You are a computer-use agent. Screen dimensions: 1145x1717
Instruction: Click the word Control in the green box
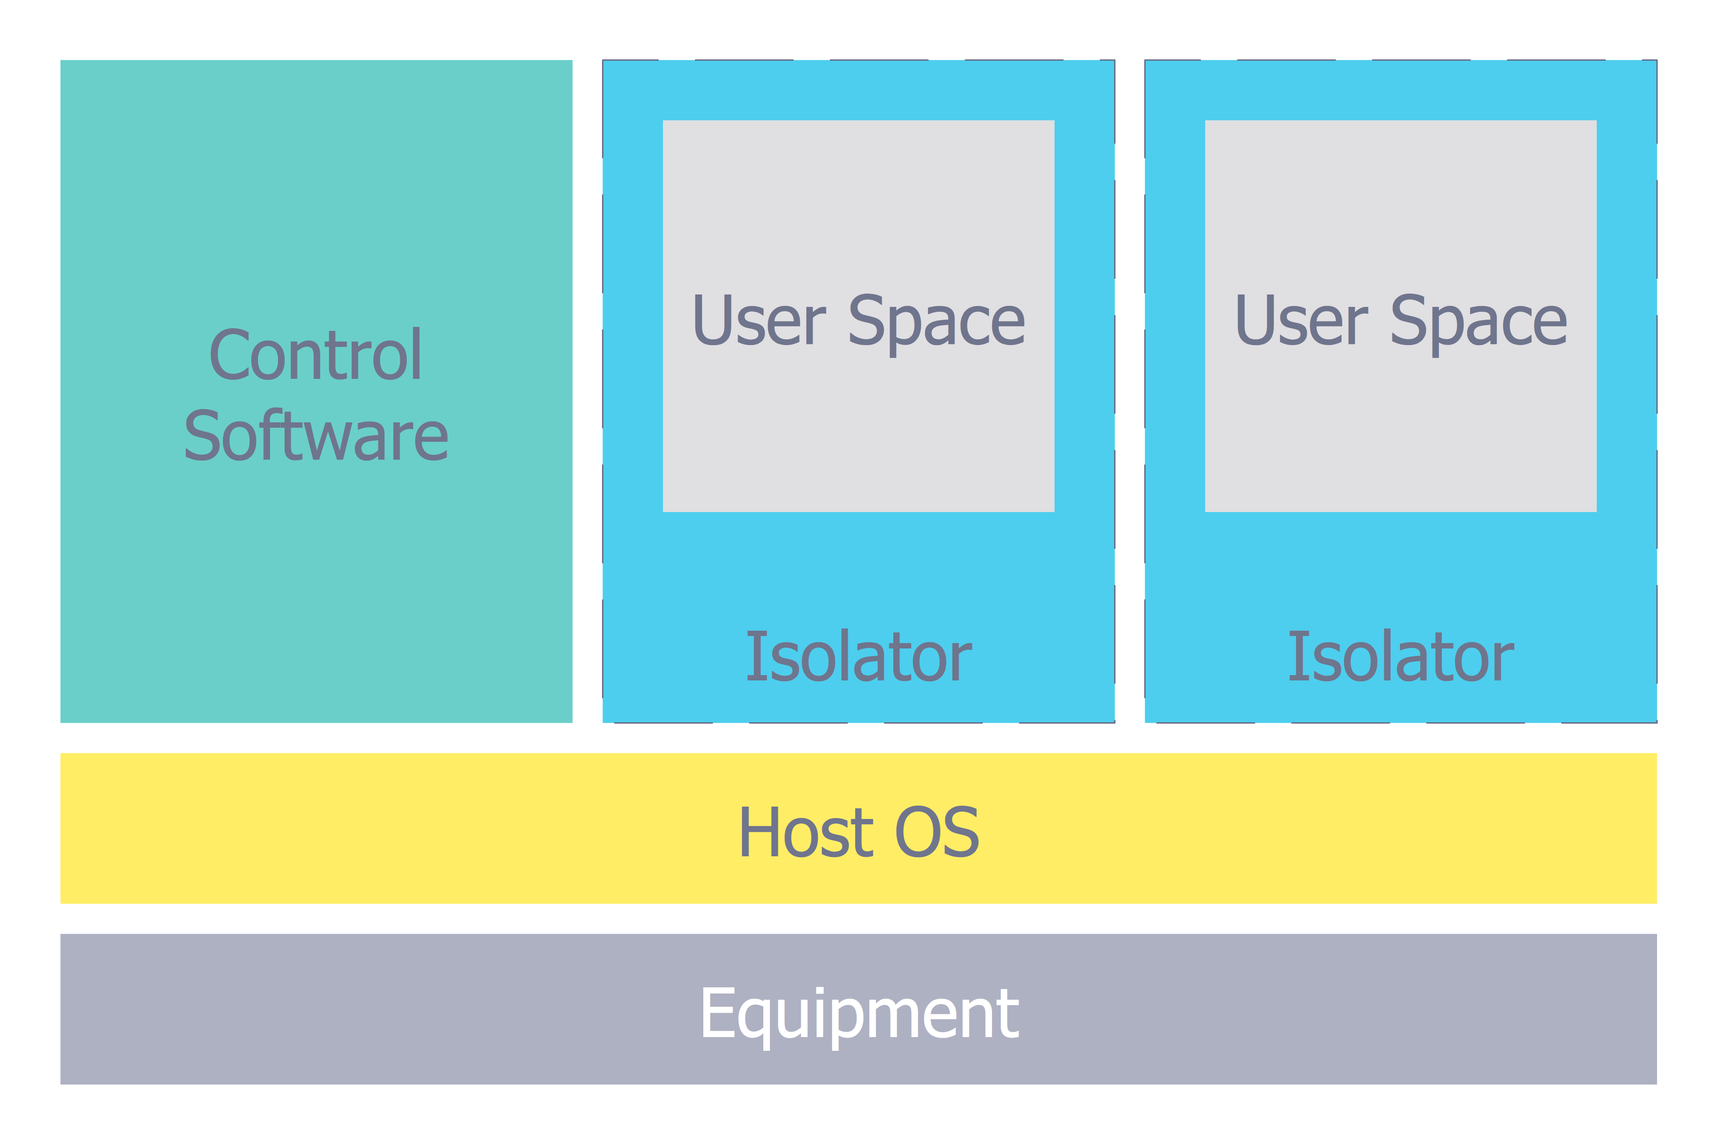pyautogui.click(x=315, y=356)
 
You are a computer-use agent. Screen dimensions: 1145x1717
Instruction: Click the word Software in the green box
pyautogui.click(x=315, y=437)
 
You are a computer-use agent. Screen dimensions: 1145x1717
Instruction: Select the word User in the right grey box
pyautogui.click(x=1301, y=321)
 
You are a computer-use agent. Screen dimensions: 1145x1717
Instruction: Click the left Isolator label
pyautogui.click(x=859, y=657)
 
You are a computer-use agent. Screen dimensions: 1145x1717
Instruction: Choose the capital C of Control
pyautogui.click(x=229, y=356)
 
